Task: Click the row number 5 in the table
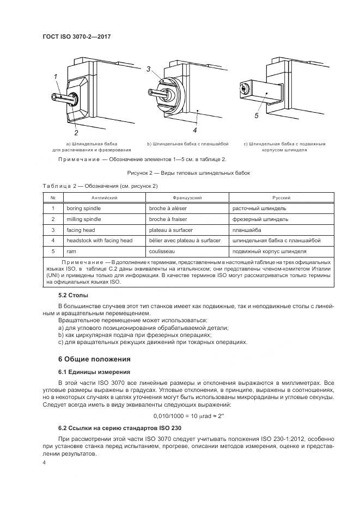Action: pyautogui.click(x=53, y=251)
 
